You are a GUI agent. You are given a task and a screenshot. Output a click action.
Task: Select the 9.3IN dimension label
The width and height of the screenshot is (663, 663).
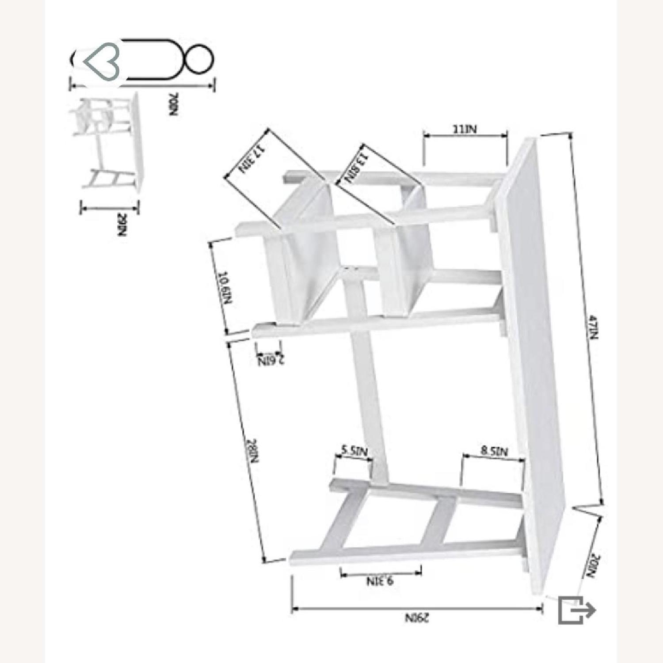click(x=380, y=580)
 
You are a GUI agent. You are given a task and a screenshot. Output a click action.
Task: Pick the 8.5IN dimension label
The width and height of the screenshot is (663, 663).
click(x=495, y=451)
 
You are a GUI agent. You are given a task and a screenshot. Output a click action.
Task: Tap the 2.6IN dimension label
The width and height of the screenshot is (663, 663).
click(x=271, y=361)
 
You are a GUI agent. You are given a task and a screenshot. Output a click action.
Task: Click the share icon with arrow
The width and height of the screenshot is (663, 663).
click(x=576, y=610)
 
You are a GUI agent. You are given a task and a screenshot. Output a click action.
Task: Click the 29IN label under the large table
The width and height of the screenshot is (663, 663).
click(x=417, y=617)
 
